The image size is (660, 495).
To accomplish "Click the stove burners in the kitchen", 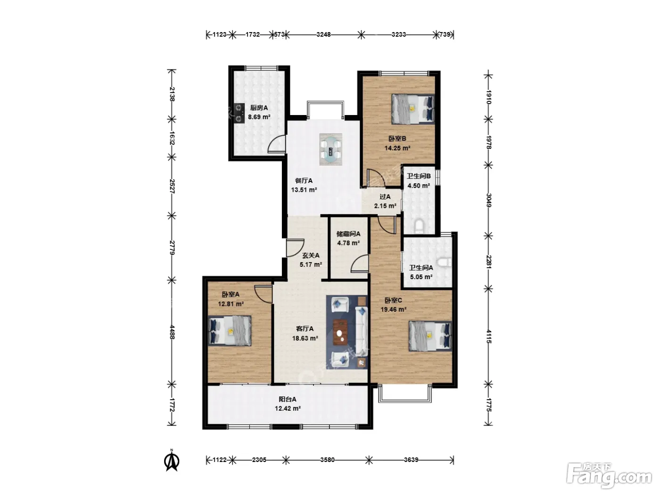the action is click(x=239, y=113).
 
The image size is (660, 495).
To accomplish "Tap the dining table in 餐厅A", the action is click(x=331, y=149).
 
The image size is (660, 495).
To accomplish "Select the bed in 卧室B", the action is click(x=413, y=109).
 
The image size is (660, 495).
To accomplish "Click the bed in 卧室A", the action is click(x=230, y=330).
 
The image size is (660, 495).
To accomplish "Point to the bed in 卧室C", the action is click(x=430, y=336).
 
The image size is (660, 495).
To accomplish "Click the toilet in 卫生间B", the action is click(x=419, y=227).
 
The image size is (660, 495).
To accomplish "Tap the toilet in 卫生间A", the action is click(x=445, y=262).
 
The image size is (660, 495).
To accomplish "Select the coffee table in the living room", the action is click(x=340, y=332).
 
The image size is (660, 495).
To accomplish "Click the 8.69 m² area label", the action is click(x=259, y=117).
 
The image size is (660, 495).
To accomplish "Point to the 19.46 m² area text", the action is click(x=394, y=309).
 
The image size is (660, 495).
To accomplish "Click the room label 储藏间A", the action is click(x=348, y=234).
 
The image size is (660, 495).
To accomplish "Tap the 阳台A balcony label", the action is click(x=288, y=399).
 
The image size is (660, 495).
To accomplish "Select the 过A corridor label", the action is click(x=385, y=197).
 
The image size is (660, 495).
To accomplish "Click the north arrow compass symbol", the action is click(x=172, y=460).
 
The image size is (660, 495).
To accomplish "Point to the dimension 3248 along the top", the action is click(x=323, y=34).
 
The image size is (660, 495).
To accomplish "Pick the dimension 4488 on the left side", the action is click(x=172, y=332).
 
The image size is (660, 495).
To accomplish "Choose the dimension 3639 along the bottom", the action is click(x=411, y=460).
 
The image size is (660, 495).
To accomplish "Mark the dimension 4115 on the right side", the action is click(x=488, y=337).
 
